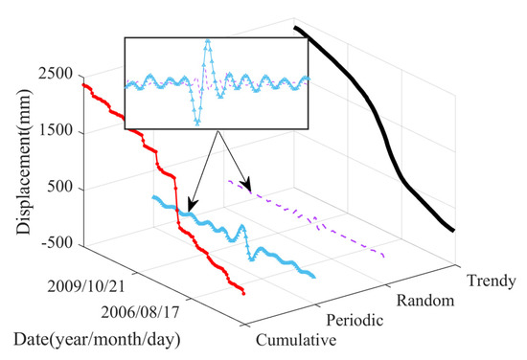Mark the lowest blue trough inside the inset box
tap(197, 124)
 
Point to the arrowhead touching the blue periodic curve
tap(189, 208)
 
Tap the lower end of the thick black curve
tap(453, 231)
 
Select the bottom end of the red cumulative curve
tap(243, 294)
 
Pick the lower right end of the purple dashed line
tap(384, 257)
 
